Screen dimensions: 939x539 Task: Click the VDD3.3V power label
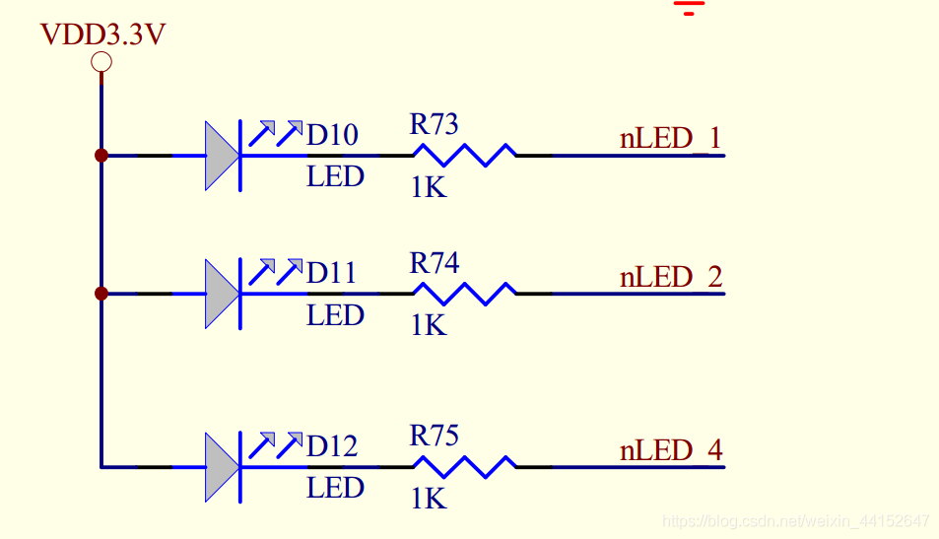(x=102, y=34)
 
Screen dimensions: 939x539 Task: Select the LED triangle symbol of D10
(x=223, y=156)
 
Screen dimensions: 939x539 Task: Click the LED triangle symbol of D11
(x=223, y=294)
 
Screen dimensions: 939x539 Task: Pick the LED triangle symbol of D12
(x=223, y=467)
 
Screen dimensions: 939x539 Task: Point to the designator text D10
(x=332, y=135)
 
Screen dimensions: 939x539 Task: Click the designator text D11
(x=331, y=273)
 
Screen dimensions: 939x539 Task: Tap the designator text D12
(x=332, y=446)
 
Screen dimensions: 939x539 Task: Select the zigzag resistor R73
(x=465, y=155)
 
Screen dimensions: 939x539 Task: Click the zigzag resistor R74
(x=465, y=294)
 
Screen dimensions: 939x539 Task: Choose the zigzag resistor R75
(x=465, y=467)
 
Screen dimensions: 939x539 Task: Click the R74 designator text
(x=435, y=263)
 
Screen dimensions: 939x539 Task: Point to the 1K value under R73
(x=429, y=187)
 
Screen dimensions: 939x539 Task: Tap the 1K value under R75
(x=429, y=499)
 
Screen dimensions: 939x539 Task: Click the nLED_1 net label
(x=671, y=138)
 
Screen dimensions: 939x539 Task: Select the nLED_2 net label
(x=671, y=277)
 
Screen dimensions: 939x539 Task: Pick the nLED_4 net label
(x=671, y=449)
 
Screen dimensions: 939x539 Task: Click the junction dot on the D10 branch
(x=101, y=156)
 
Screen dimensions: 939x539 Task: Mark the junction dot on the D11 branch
(x=101, y=294)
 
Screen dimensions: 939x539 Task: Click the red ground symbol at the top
(x=689, y=7)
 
